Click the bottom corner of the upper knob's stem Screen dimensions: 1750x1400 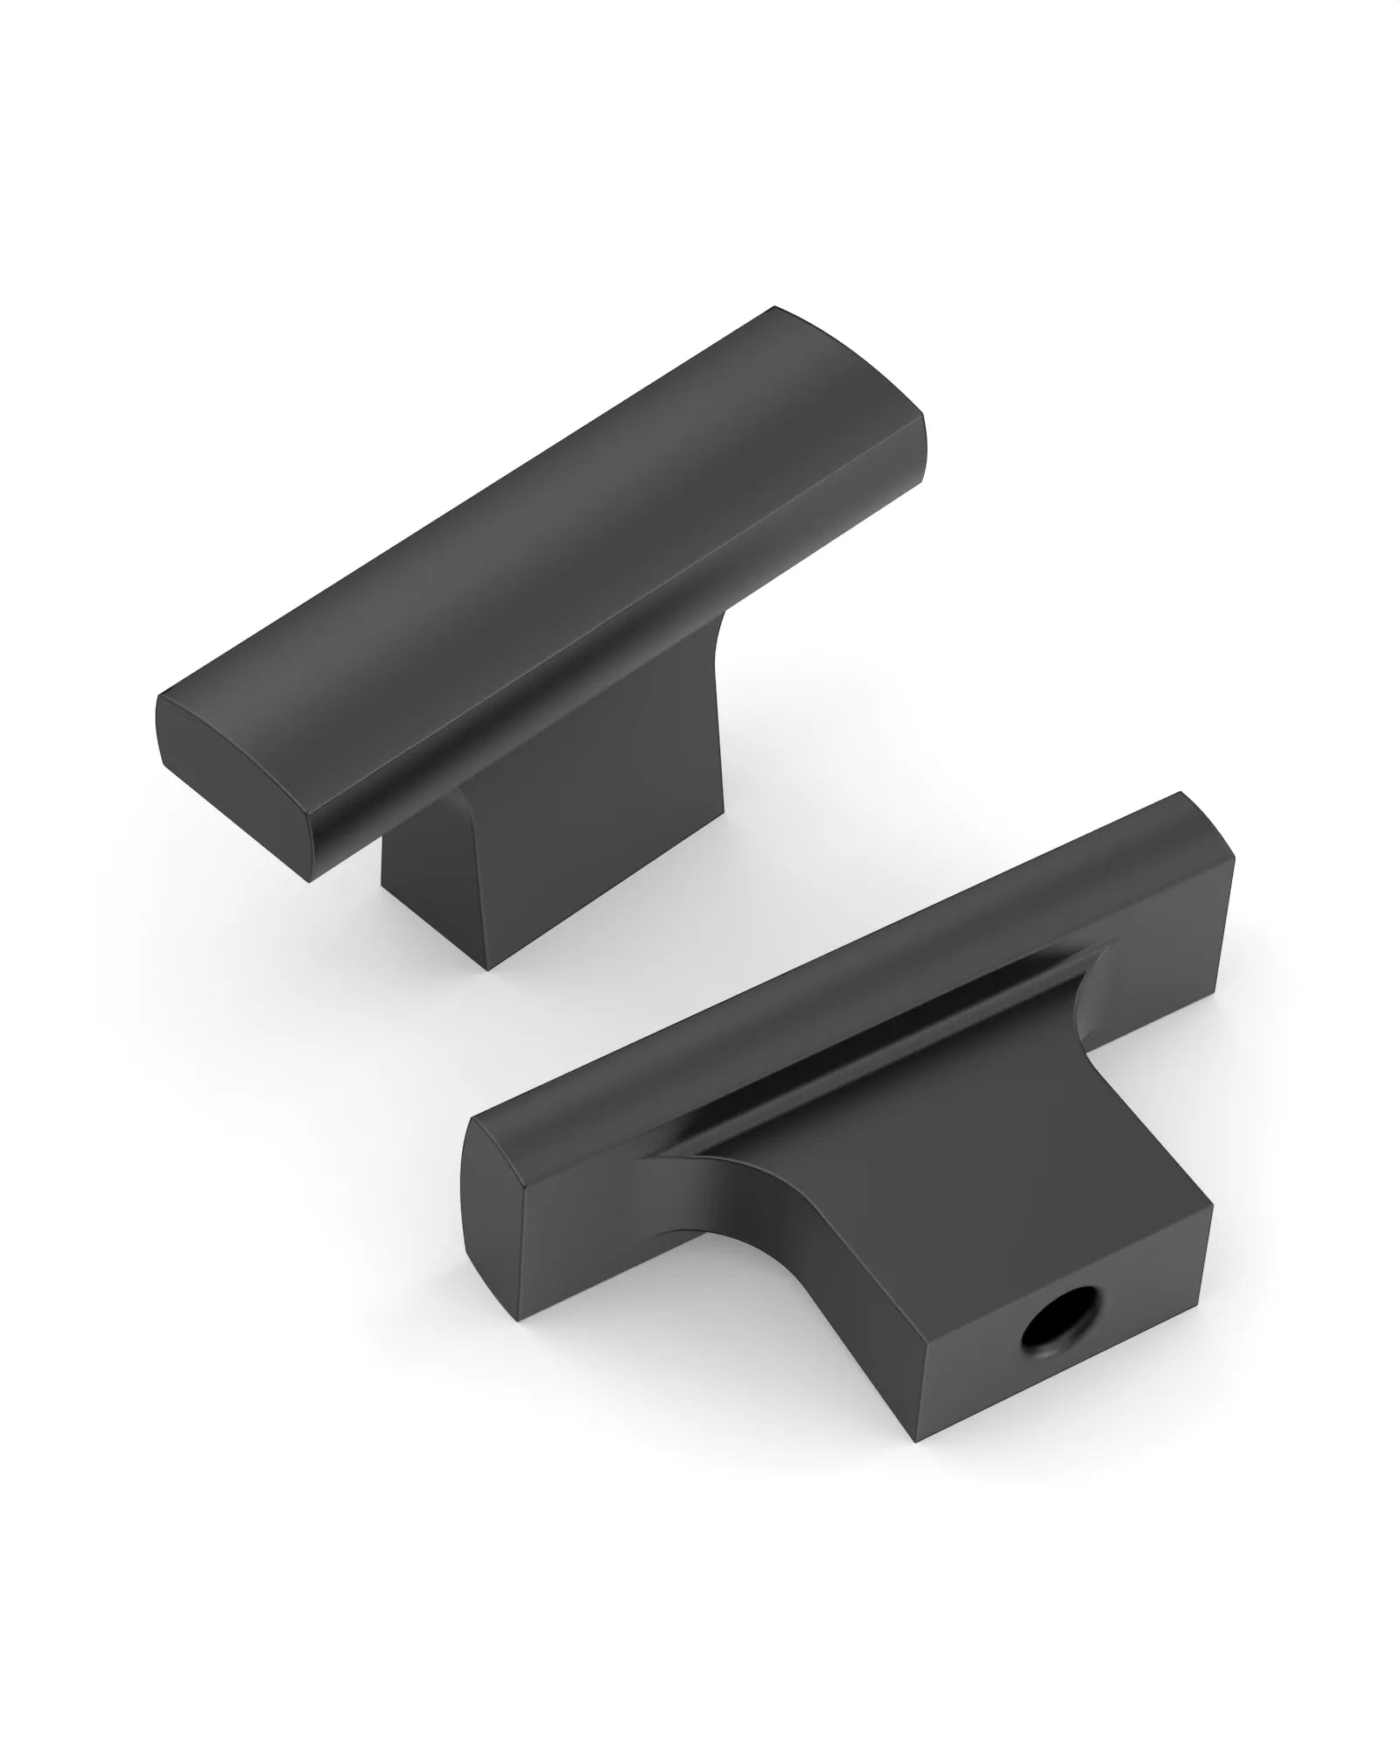click(x=486, y=969)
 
